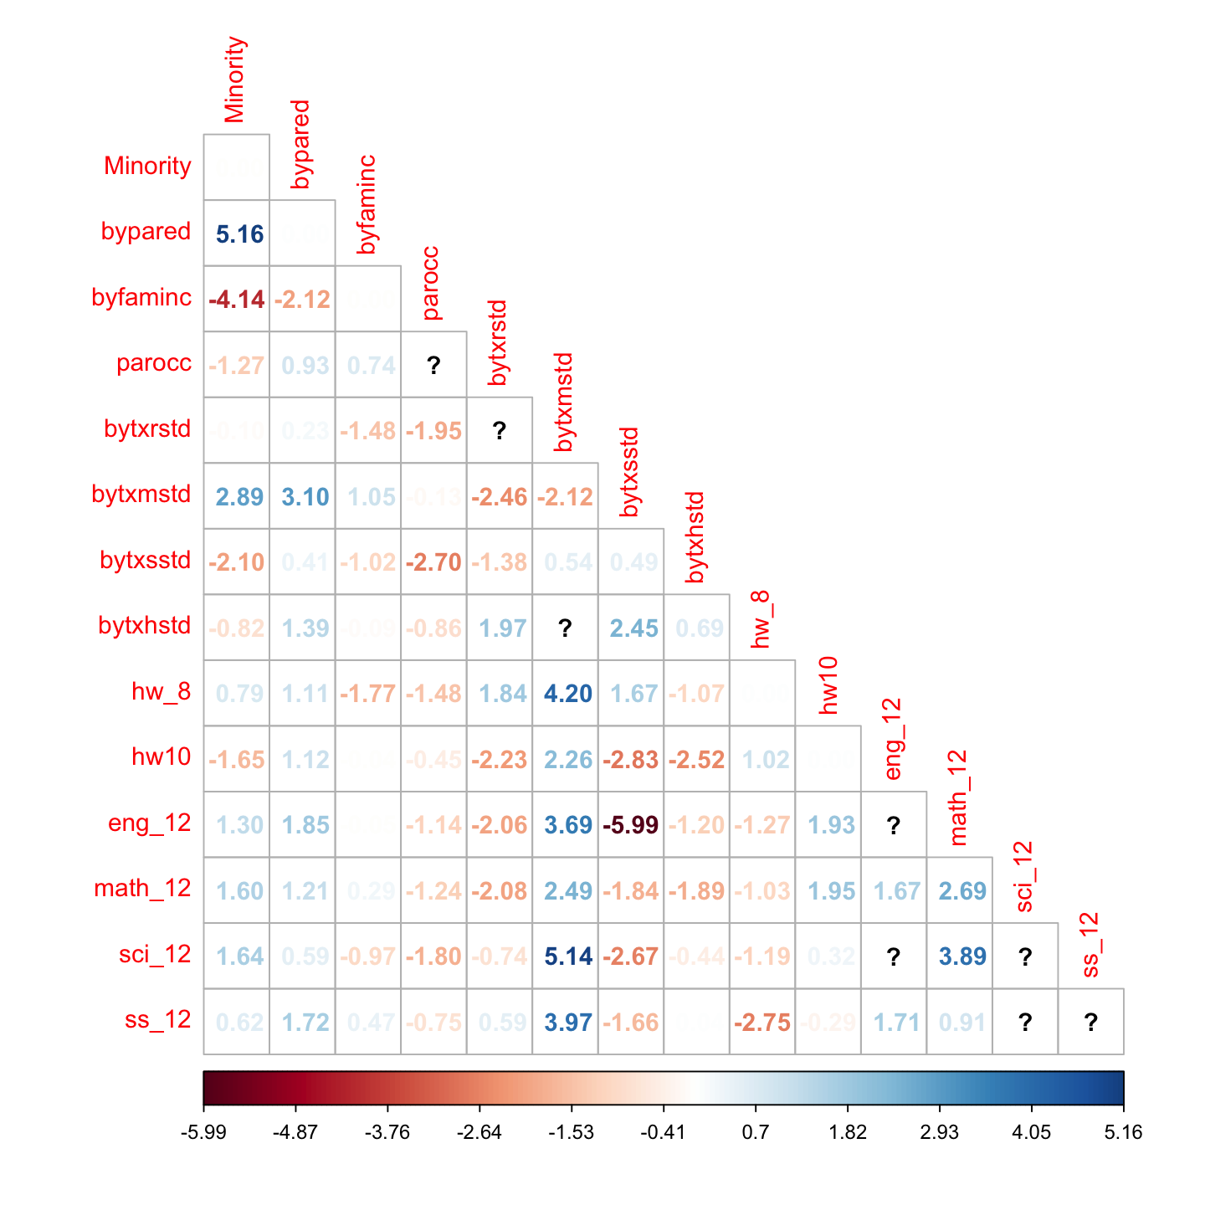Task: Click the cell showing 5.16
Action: coord(239,234)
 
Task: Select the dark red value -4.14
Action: coord(237,300)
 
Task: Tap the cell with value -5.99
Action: coord(631,825)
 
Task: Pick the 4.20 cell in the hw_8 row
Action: coord(567,694)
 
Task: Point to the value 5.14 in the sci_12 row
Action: coord(567,956)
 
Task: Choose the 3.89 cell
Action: coord(962,956)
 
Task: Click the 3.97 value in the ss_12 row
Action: coord(567,1023)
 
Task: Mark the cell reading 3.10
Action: coord(305,497)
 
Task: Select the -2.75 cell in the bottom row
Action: coord(762,1023)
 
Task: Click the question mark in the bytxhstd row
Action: coord(566,628)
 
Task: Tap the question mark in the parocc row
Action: coord(433,365)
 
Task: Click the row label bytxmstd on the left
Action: coord(141,495)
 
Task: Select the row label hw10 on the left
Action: coord(162,756)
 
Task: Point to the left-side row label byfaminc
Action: coord(141,297)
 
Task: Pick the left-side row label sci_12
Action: coord(155,954)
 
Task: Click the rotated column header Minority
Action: coord(234,79)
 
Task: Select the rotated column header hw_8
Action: coord(760,619)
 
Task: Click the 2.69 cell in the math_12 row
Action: coord(962,891)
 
